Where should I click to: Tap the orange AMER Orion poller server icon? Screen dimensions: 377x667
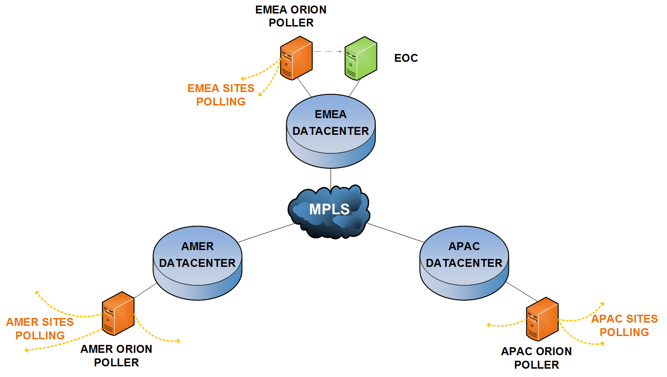(118, 313)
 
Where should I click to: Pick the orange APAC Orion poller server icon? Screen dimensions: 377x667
(542, 319)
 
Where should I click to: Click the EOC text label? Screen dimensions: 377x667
(406, 58)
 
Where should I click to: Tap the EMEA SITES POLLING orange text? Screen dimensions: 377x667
(221, 95)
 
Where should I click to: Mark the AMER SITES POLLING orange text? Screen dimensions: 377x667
(40, 329)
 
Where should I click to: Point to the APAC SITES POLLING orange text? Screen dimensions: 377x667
(624, 325)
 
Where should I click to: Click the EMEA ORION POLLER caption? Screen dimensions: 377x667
(291, 16)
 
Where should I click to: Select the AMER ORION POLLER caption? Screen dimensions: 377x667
(116, 356)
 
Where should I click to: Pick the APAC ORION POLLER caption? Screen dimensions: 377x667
(536, 358)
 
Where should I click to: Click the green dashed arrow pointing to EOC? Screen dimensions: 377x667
(328, 51)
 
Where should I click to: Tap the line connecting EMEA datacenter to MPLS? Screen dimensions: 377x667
(330, 178)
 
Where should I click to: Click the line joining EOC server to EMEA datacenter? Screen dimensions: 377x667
(355, 87)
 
